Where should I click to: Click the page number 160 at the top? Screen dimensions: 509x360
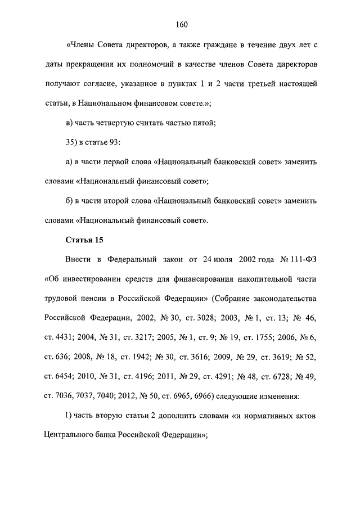(181, 24)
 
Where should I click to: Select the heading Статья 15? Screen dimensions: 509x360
(84, 241)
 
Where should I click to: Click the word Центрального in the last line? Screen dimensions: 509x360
(71, 436)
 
